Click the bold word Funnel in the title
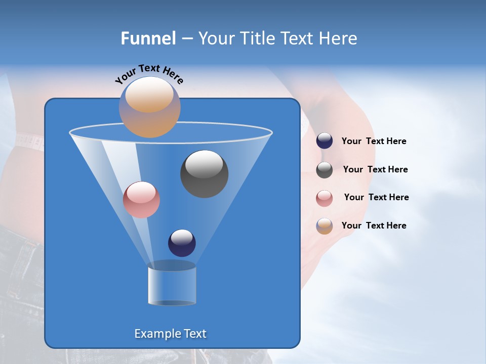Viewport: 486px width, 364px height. coord(148,38)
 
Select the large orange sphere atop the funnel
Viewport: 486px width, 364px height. coord(149,107)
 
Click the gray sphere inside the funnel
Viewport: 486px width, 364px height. coord(204,174)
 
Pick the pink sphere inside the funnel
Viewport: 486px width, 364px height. coord(141,200)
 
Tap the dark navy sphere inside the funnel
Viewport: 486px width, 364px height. coord(182,243)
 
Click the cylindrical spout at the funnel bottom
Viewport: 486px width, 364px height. coord(172,283)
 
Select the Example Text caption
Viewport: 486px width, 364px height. coord(170,334)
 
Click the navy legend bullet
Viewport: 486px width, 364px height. coord(325,141)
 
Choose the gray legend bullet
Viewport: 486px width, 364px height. coord(325,170)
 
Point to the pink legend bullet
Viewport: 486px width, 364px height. coord(325,198)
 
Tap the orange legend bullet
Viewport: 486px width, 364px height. coord(325,226)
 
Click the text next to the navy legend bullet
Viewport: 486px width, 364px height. coord(374,141)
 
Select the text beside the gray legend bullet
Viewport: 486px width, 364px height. coord(375,169)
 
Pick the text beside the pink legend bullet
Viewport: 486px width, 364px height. coord(376,197)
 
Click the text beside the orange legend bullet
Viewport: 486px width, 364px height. coord(374,225)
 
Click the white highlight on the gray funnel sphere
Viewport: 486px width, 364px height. coord(204,164)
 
